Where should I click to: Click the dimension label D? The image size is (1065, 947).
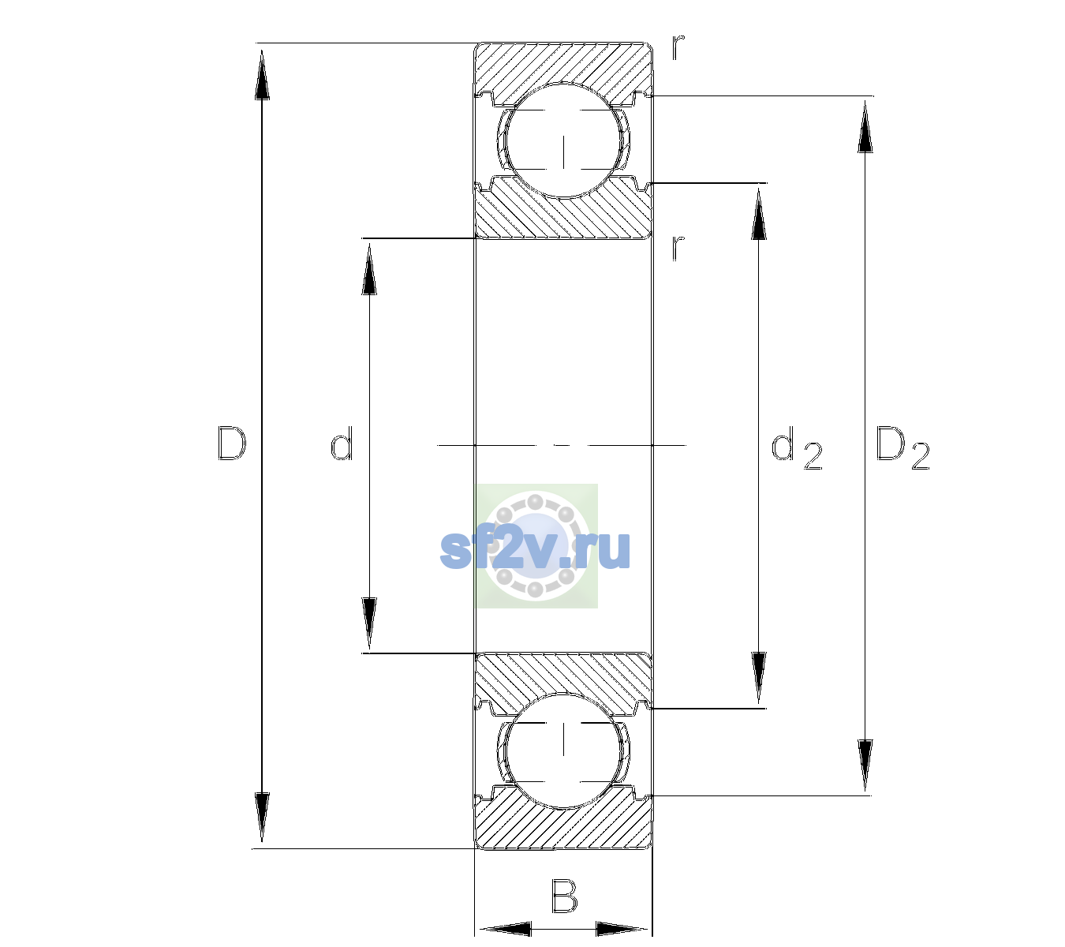coord(232,444)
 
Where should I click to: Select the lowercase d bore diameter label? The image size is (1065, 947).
coord(342,444)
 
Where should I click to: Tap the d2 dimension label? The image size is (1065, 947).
coord(797,447)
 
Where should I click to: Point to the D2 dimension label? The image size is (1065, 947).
coord(902,447)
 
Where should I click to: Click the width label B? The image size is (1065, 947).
coord(565,896)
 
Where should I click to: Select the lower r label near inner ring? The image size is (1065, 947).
coord(678,248)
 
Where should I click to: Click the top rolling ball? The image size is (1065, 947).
coord(563,140)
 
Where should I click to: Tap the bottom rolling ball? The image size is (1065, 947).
coord(563,750)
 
